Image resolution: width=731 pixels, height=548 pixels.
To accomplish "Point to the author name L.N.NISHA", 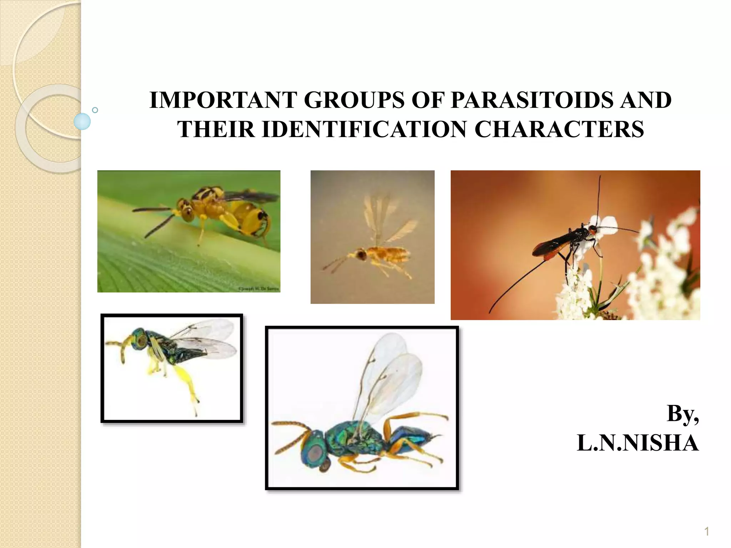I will tap(637, 443).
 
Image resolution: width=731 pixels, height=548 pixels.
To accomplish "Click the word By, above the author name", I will tap(682, 414).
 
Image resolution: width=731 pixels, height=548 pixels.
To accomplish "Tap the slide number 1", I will tap(706, 532).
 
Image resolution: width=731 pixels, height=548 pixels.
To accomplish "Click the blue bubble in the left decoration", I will tap(82, 121).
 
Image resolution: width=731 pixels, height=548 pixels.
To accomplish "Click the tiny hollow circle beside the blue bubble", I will tap(95, 110).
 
